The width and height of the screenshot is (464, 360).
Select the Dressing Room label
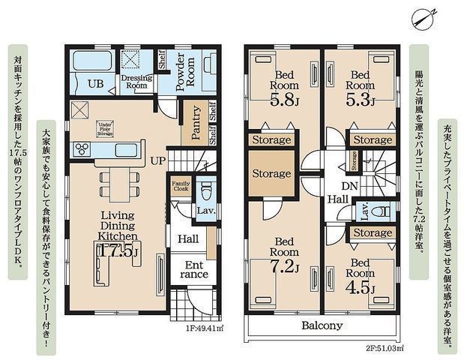(x=136, y=81)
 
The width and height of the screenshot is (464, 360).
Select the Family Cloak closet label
(x=181, y=185)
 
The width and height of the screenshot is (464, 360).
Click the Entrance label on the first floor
(x=194, y=269)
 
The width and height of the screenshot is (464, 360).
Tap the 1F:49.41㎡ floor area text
(x=199, y=348)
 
